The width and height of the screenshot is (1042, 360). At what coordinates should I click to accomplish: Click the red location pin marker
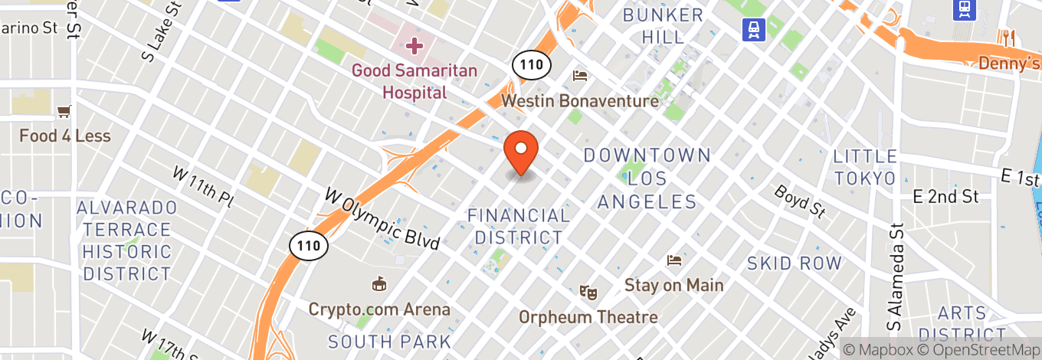(521, 151)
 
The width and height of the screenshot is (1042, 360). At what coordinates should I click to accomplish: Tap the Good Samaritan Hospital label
(415, 81)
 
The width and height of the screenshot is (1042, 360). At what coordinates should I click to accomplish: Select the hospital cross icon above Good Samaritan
(415, 46)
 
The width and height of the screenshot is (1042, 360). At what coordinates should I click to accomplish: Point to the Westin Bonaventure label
(580, 100)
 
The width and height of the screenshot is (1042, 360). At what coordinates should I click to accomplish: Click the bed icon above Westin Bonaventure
(581, 76)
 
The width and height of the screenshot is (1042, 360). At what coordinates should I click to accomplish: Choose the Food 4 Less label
(65, 136)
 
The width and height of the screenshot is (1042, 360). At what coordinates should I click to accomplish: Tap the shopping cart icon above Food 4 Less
(65, 112)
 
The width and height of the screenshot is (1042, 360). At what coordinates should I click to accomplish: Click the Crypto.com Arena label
(379, 309)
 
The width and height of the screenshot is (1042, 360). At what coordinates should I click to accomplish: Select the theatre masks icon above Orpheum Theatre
(588, 292)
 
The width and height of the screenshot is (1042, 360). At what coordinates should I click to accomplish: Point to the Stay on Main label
(673, 285)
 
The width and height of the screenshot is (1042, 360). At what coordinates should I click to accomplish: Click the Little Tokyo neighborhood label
(865, 167)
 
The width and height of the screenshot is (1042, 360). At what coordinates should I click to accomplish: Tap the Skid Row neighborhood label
(795, 263)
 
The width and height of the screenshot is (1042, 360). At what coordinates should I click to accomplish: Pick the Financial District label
(519, 226)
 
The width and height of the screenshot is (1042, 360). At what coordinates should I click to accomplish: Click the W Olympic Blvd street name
(383, 219)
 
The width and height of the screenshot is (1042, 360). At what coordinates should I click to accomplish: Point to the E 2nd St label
(946, 197)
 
